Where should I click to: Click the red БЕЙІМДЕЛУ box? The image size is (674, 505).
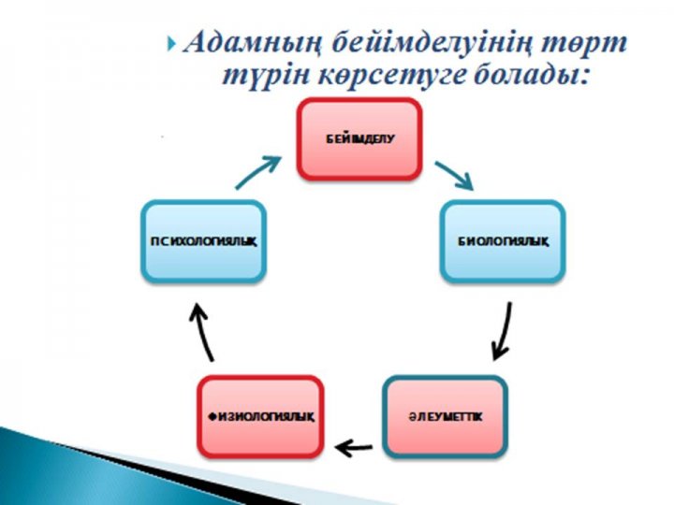pos(359,139)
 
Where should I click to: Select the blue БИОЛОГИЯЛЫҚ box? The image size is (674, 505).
pos(503,241)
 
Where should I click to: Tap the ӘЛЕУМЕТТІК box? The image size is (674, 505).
pos(446,417)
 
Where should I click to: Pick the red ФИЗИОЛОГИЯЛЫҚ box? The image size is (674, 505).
pos(260,417)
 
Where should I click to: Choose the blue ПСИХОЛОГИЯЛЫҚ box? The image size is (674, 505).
pos(204,241)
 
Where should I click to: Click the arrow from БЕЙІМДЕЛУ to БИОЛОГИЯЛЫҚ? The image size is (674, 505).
pos(455,175)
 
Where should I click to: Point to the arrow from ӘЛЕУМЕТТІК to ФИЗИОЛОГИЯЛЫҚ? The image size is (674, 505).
pos(353,449)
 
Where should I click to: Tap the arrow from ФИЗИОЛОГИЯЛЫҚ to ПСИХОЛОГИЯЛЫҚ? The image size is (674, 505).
pos(202,332)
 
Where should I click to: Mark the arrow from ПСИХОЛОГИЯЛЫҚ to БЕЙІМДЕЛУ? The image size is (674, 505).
pos(257,173)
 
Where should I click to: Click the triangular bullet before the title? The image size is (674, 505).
pos(172,43)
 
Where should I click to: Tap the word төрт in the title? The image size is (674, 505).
pos(583,44)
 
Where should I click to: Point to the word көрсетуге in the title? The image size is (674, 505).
pos(392,78)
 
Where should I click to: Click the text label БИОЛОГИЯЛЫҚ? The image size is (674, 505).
pos(503,242)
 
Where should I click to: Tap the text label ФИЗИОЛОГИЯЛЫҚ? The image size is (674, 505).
pos(260,417)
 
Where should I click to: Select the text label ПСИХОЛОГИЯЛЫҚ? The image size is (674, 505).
pos(204,242)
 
